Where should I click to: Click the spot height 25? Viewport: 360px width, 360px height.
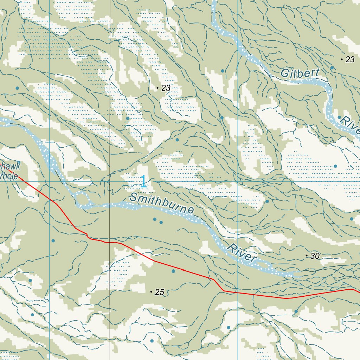pos(159,292)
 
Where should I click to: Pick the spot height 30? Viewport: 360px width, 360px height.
pos(315,256)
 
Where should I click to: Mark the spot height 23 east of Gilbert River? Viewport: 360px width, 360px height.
pos(350,60)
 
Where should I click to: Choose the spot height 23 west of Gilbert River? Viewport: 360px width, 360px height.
pos(166,88)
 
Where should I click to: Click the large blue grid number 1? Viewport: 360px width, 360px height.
pos(143,182)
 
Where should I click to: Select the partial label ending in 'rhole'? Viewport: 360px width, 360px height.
pos(9,176)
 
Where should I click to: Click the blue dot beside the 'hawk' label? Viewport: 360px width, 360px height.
pos(19,162)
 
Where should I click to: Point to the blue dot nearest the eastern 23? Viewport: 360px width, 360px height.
pos(332,67)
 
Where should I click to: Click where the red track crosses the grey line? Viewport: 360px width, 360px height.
pos(109,242)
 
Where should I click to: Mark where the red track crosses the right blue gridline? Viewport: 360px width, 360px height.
pos(238,292)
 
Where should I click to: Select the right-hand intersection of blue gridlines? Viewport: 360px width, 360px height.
pos(238,181)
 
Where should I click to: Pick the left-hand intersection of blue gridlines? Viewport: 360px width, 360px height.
pos(49,181)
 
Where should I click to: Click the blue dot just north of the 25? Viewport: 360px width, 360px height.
pos(173,271)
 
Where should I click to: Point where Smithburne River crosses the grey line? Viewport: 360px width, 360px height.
pos(109,205)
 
